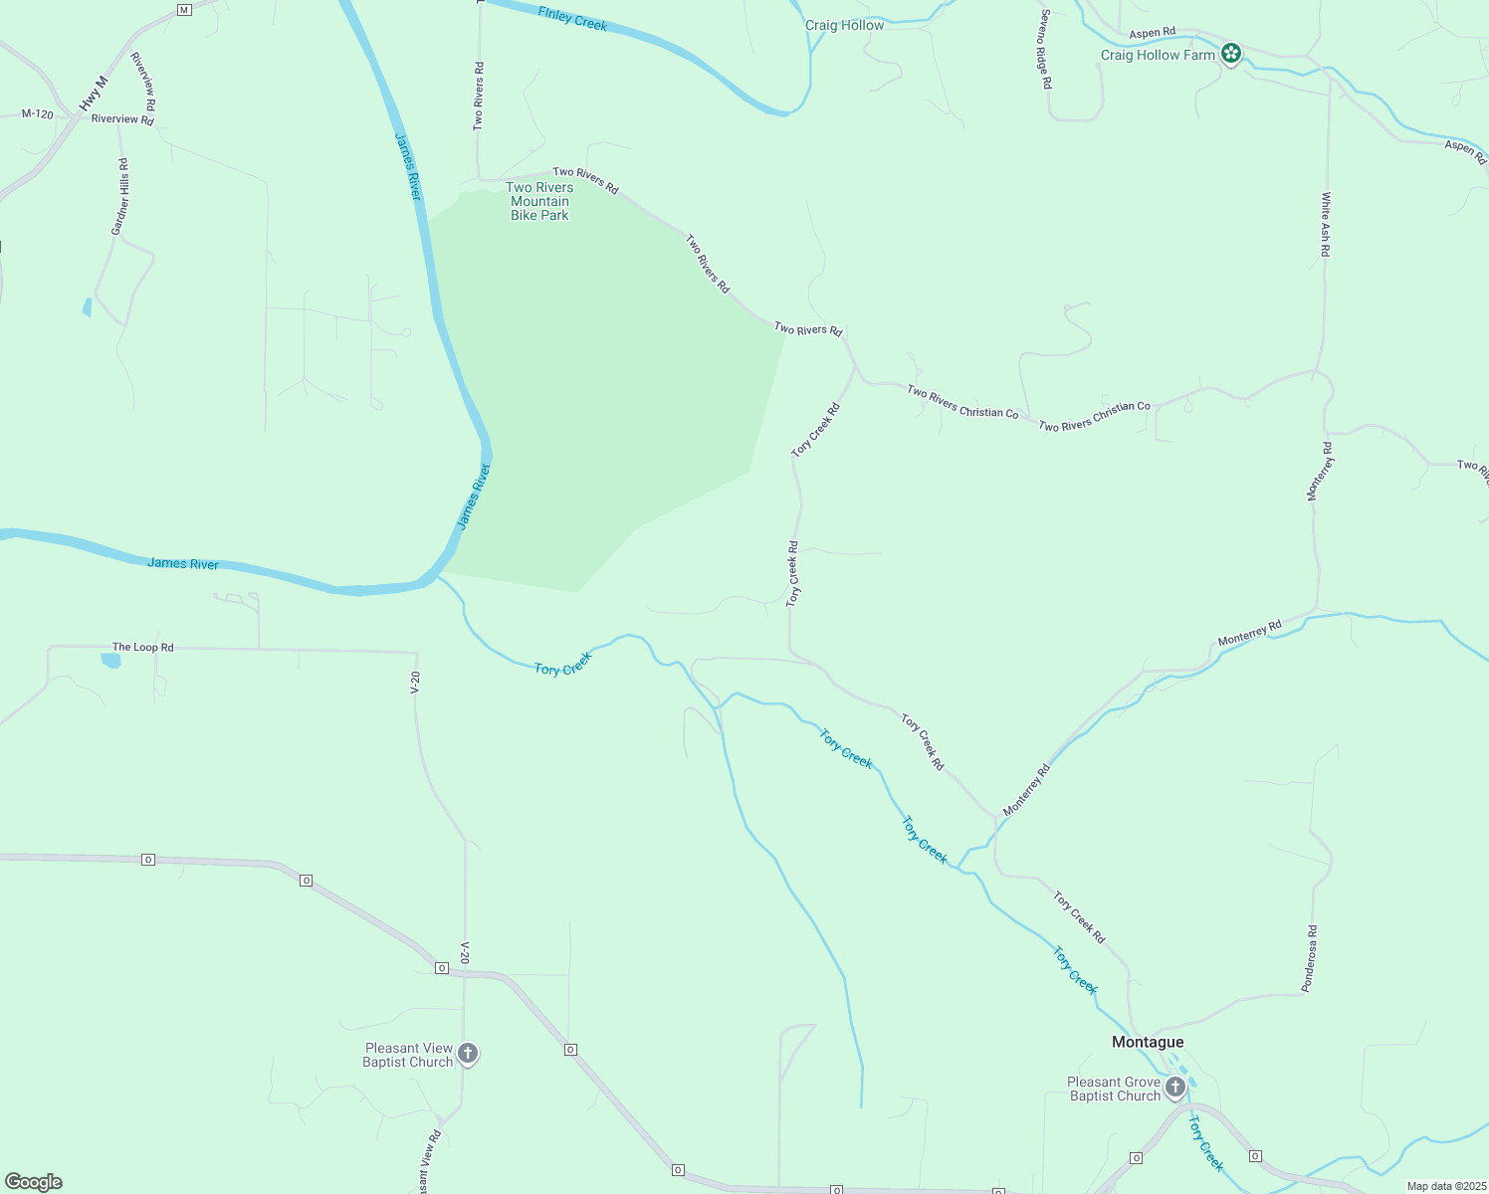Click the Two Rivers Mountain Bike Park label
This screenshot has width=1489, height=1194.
[539, 201]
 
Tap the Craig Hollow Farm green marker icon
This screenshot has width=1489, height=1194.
[1231, 53]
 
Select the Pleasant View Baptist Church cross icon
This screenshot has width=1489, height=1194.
[467, 1054]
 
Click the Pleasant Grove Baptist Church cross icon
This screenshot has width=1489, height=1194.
[1175, 1087]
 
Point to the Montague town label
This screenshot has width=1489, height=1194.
[1148, 1042]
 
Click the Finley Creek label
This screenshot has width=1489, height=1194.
[572, 18]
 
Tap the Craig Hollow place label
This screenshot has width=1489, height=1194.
[844, 25]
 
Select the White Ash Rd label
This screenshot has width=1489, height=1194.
[1326, 225]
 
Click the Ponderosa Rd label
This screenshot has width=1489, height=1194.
[1311, 958]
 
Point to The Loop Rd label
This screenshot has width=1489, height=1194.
[142, 647]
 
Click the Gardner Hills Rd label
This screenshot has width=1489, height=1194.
[120, 197]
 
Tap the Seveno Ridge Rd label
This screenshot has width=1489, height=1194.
[1045, 50]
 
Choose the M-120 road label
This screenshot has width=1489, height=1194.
[38, 114]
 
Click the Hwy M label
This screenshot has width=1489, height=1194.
[94, 94]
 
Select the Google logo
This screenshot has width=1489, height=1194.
[34, 1182]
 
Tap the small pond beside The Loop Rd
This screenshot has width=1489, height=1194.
[110, 660]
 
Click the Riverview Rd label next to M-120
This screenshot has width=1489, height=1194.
[122, 119]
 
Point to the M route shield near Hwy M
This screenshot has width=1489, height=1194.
[183, 10]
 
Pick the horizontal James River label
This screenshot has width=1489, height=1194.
[183, 563]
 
